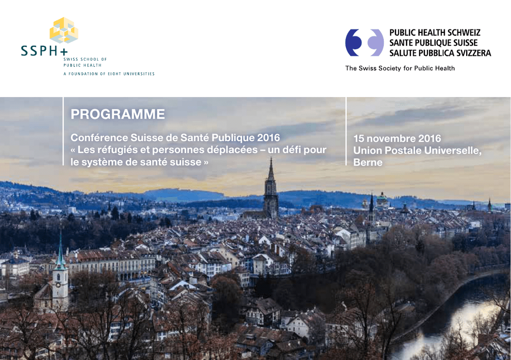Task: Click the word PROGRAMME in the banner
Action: (118, 114)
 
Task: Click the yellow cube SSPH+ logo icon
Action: (64, 30)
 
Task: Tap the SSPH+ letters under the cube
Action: (44, 51)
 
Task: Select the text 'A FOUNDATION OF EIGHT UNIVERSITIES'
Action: (109, 74)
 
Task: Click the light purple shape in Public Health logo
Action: (376, 43)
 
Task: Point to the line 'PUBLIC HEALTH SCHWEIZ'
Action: (435, 32)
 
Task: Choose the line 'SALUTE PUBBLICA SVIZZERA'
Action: (440, 53)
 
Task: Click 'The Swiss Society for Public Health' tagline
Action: (400, 68)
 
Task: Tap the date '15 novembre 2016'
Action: (397, 138)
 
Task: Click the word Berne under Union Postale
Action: (368, 162)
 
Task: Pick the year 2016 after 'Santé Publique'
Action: (268, 137)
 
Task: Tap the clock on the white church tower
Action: (58, 284)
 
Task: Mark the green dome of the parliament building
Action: (382, 197)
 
